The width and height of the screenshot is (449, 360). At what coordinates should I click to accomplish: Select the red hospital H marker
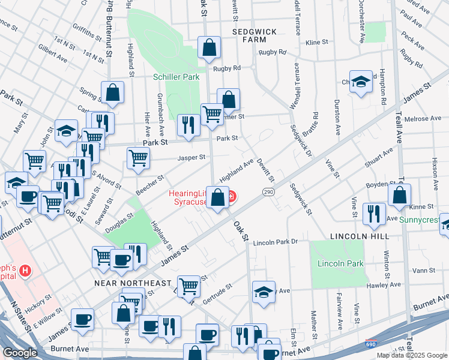tap(25, 272)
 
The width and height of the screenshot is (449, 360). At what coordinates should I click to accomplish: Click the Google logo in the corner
tap(20, 353)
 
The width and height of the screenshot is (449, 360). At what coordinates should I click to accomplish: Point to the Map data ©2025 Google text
tap(411, 355)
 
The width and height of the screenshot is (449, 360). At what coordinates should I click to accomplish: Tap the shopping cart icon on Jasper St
tap(138, 158)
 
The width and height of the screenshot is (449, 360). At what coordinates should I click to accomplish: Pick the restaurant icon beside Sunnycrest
tap(374, 214)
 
